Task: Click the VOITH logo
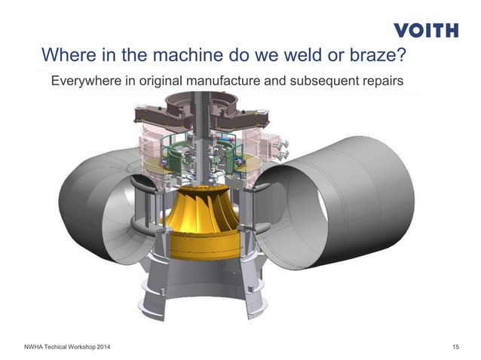[x=425, y=30]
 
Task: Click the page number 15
[x=455, y=346]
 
